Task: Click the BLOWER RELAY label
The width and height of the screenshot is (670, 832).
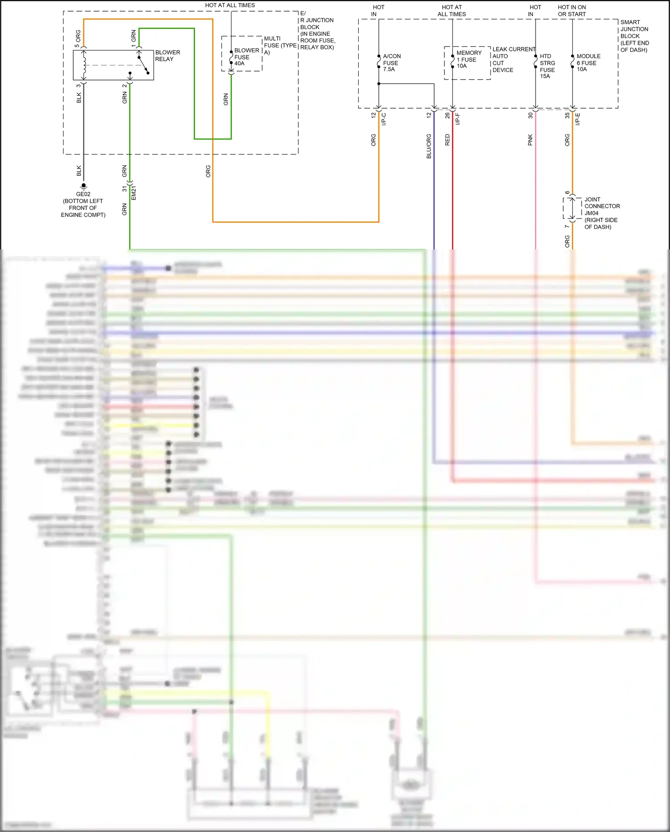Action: point(167,56)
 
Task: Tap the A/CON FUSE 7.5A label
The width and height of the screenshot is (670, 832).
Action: point(391,63)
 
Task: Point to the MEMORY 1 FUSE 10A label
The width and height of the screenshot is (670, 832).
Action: point(469,59)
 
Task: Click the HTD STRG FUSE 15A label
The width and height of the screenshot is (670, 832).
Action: point(547,66)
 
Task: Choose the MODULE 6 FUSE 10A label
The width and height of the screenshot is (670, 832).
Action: point(588,63)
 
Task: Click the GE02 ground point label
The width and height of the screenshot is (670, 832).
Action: point(83,194)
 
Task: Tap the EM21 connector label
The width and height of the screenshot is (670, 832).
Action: point(134,193)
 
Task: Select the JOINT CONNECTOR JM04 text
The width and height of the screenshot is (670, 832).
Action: point(601,206)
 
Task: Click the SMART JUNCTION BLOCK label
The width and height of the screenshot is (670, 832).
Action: point(634,36)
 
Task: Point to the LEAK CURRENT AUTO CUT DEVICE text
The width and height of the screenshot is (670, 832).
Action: point(513,59)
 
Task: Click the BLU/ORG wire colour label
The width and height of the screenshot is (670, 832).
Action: point(429,146)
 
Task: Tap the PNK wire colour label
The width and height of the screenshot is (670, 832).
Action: point(530,140)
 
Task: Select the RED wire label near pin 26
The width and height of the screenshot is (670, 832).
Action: point(447,140)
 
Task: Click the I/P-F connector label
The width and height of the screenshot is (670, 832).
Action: point(457,119)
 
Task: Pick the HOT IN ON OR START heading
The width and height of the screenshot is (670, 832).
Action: point(572,11)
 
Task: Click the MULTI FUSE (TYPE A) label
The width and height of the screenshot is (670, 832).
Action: point(280,45)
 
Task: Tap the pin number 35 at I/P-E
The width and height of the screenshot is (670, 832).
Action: point(567,115)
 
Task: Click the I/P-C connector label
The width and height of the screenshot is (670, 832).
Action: point(384,119)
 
